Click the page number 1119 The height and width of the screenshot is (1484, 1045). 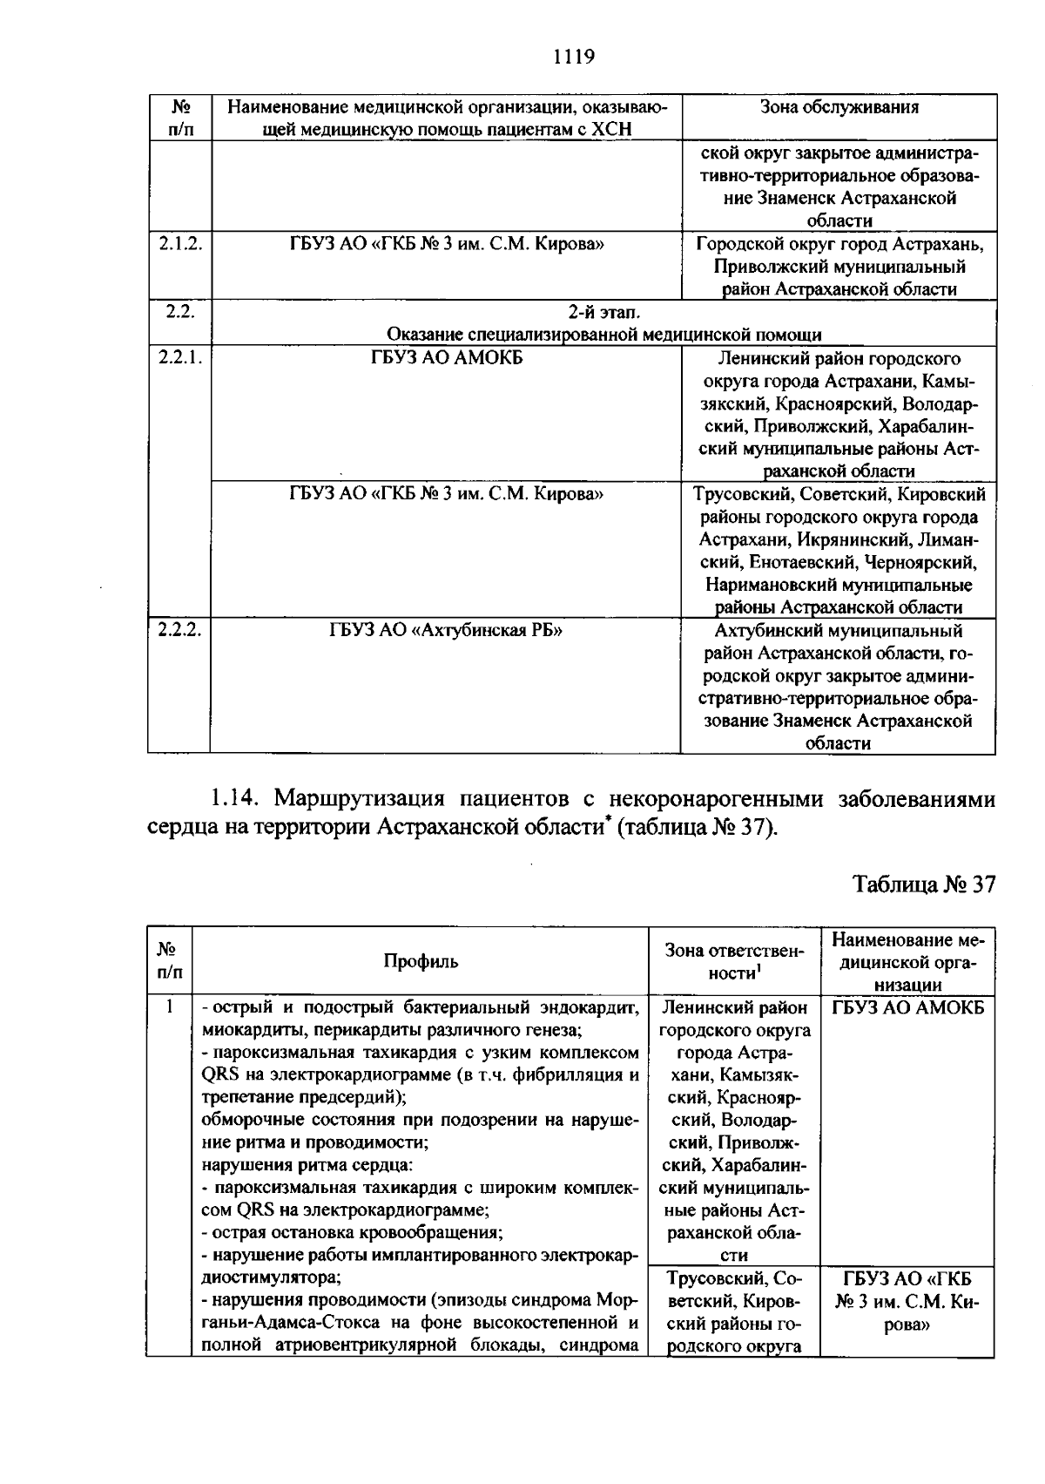click(573, 58)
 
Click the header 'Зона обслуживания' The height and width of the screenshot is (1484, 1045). click(839, 107)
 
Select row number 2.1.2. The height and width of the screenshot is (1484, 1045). click(179, 245)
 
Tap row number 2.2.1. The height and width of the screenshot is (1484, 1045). click(179, 358)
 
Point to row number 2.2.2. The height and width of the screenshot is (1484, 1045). click(179, 630)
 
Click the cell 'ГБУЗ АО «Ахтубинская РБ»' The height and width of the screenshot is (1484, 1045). click(445, 630)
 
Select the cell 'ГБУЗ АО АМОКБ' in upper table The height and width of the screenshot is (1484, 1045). click(446, 358)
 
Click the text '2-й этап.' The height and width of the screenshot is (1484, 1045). click(603, 312)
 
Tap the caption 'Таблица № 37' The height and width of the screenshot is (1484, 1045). click(924, 884)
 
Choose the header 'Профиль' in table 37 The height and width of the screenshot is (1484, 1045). click(421, 961)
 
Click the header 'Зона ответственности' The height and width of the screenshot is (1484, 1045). click(734, 961)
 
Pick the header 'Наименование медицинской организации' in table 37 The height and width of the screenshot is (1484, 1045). click(908, 961)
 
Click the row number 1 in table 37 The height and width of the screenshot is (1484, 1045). click(170, 1007)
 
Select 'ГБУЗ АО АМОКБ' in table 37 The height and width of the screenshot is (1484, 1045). click(908, 1008)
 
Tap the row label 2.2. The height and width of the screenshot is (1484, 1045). click(179, 312)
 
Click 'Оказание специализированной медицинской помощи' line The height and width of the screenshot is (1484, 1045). click(603, 335)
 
